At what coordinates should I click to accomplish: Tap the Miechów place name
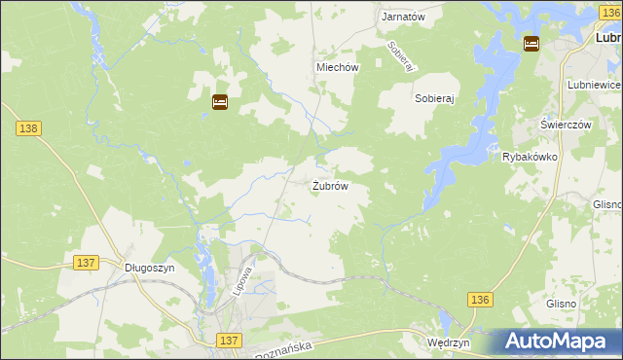click(x=338, y=67)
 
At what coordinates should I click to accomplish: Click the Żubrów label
click(x=330, y=185)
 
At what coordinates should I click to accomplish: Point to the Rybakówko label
click(x=529, y=157)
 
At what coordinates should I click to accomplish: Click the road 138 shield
click(x=28, y=128)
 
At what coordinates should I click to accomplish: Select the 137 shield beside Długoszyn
click(x=86, y=263)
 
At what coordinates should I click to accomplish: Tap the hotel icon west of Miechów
click(x=220, y=101)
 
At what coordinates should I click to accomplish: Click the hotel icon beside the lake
click(x=531, y=43)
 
